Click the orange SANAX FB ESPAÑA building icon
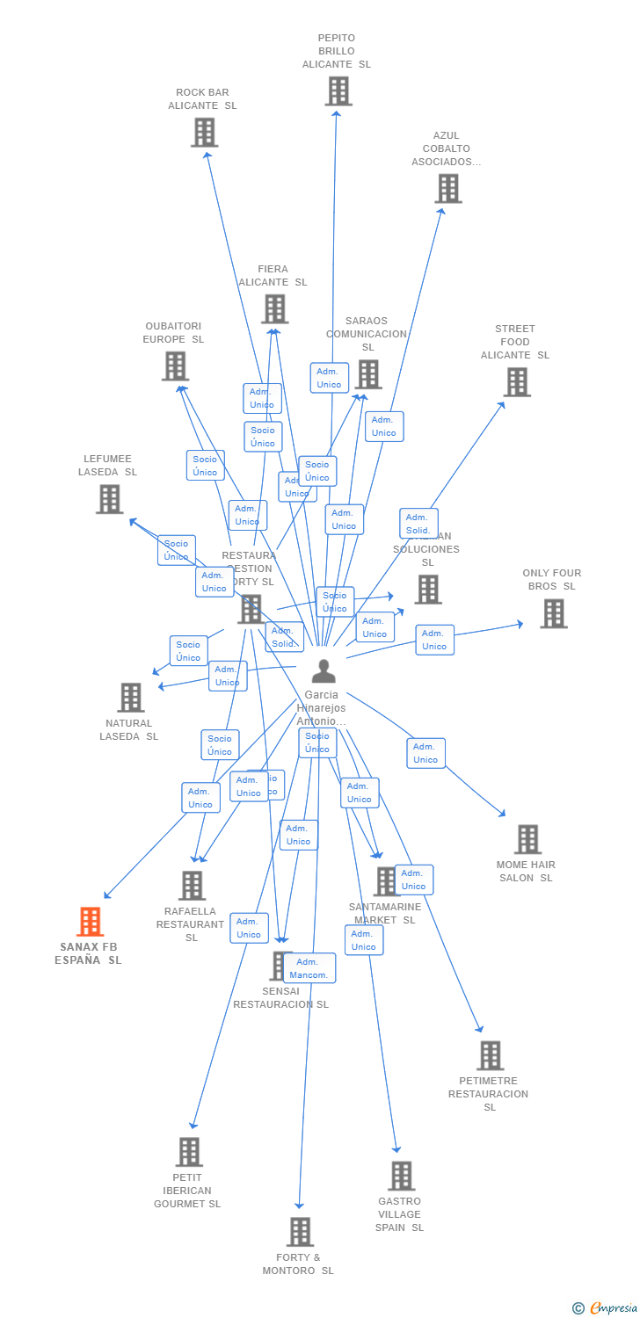(x=90, y=922)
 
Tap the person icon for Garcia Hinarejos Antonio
(x=324, y=671)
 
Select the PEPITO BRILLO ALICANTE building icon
(x=338, y=91)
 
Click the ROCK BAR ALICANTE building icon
(x=204, y=133)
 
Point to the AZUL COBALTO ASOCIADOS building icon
(x=447, y=188)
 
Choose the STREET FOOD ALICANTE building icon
(x=516, y=381)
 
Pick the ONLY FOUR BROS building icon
(x=553, y=613)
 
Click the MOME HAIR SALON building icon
(x=527, y=839)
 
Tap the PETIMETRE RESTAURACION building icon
(x=490, y=1055)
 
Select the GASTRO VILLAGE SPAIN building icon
(x=401, y=1176)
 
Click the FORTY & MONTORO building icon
(x=300, y=1232)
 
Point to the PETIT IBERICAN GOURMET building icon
(x=189, y=1152)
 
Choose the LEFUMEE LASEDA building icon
(x=109, y=499)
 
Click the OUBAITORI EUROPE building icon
(x=175, y=366)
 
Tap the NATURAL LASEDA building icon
(x=130, y=698)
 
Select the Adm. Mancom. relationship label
(x=309, y=968)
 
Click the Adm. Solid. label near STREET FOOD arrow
(x=418, y=524)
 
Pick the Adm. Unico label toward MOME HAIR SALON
(x=425, y=753)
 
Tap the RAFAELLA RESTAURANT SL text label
(x=191, y=924)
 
